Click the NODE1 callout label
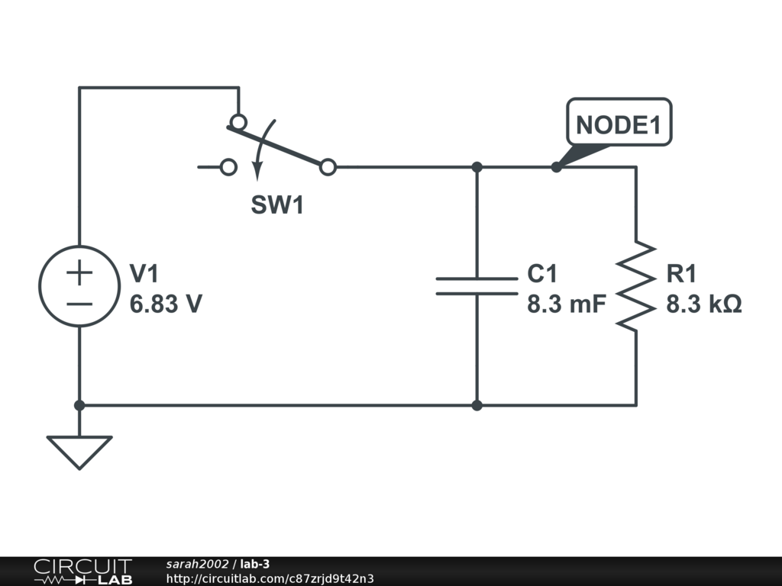click(619, 124)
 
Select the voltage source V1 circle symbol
click(79, 286)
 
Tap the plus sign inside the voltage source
click(79, 272)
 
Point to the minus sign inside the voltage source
click(79, 303)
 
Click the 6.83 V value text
click(166, 304)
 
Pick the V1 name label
click(145, 274)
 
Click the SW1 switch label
click(277, 205)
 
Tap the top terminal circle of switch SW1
click(239, 122)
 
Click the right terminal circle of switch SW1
click(328, 167)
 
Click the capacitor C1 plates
click(477, 286)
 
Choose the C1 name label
click(542, 274)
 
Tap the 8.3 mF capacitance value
click(566, 304)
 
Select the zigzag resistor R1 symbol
click(636, 286)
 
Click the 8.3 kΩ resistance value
click(704, 304)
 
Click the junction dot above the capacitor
click(477, 167)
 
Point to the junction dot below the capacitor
click(477, 405)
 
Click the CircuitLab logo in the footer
click(82, 572)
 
